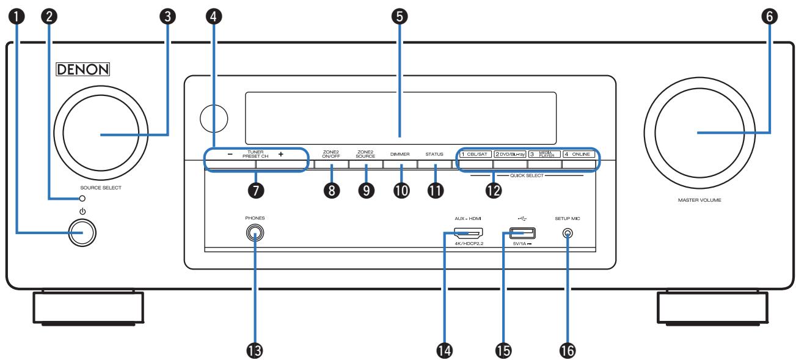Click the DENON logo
[x=83, y=69]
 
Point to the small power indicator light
[x=82, y=198]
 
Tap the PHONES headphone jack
[x=255, y=233]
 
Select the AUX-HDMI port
[x=469, y=233]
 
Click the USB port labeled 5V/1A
[x=522, y=233]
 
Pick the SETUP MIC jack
[x=568, y=233]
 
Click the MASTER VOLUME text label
[x=699, y=200]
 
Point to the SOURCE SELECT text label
[x=101, y=188]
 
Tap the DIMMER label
[x=400, y=154]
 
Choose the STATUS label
[x=434, y=154]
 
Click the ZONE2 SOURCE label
[x=365, y=154]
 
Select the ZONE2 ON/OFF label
[x=331, y=154]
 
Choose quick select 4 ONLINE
[x=579, y=154]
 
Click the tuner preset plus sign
[x=281, y=154]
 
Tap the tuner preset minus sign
[x=230, y=154]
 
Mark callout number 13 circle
[x=254, y=351]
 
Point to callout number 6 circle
[x=769, y=17]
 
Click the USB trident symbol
[x=522, y=218]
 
